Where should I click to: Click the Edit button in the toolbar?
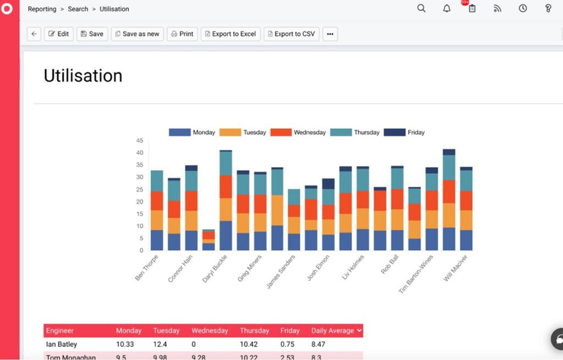click(x=58, y=34)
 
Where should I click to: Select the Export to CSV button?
click(x=291, y=34)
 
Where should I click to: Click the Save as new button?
click(x=137, y=34)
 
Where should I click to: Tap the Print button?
click(x=182, y=34)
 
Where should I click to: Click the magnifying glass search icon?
click(x=421, y=8)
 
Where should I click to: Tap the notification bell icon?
click(x=446, y=8)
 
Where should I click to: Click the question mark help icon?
click(x=548, y=8)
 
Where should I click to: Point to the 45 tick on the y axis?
click(x=139, y=141)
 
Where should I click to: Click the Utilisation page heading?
click(x=83, y=76)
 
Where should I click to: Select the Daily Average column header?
click(x=336, y=331)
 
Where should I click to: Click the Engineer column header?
click(x=60, y=331)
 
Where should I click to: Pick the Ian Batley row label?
click(x=62, y=345)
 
